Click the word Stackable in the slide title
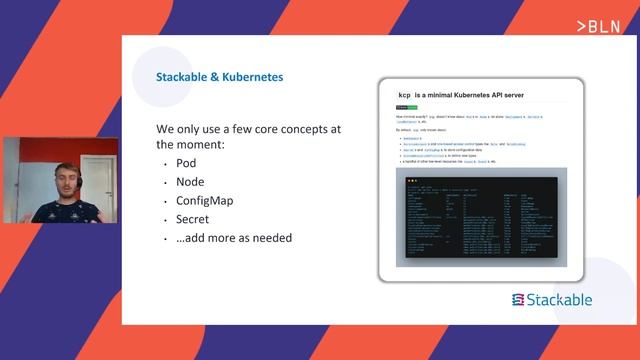click(x=185, y=76)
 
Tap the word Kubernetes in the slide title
click(x=255, y=76)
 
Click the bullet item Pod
click(x=186, y=163)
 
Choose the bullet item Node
click(x=190, y=181)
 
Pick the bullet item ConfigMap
click(x=205, y=200)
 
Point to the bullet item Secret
click(x=193, y=219)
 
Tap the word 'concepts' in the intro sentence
click(x=290, y=130)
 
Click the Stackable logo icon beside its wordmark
click(x=518, y=300)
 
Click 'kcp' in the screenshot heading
click(x=405, y=95)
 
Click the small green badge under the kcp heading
click(x=402, y=107)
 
